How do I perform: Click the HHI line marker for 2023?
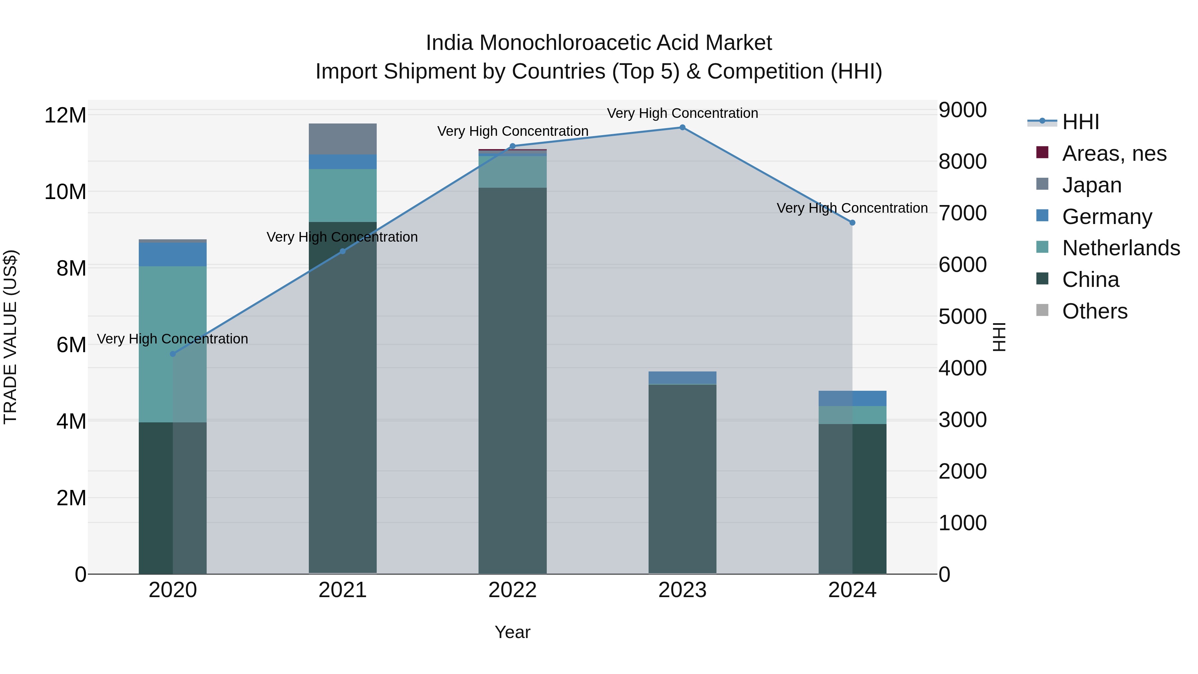click(682, 127)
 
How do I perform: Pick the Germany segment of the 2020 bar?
click(172, 254)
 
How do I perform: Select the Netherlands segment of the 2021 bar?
click(343, 195)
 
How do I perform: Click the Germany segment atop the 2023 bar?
click(682, 378)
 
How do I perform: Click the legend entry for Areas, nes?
click(1114, 153)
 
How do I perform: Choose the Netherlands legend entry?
click(1121, 248)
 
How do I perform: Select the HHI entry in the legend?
click(1080, 122)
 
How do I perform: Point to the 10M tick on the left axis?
click(65, 192)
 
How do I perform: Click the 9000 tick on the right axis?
click(962, 110)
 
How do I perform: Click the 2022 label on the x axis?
click(512, 590)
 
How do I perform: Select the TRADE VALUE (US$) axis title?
click(10, 337)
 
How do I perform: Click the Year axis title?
click(512, 632)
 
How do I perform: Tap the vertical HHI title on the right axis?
click(999, 337)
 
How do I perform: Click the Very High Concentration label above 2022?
click(512, 131)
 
